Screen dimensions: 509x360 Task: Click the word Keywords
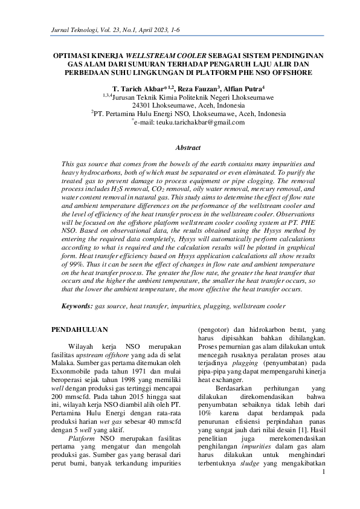pos(78,307)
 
